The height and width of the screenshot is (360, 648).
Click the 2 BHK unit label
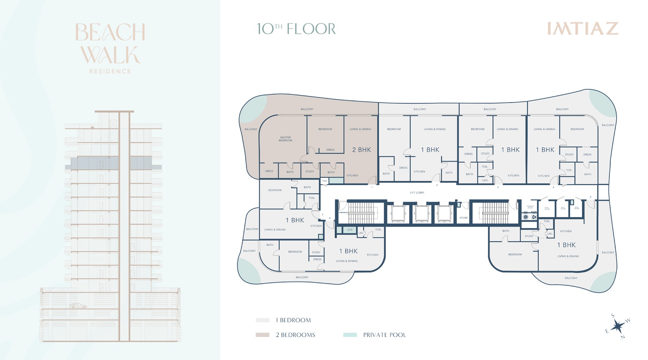tap(361, 150)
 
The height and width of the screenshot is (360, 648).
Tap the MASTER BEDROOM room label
tap(285, 139)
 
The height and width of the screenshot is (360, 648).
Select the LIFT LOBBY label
tap(417, 193)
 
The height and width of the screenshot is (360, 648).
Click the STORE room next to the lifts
tap(464, 218)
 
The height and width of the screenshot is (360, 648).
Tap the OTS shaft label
tap(350, 230)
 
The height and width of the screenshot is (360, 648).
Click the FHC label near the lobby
tap(325, 181)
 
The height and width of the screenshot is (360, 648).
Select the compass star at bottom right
tap(618, 326)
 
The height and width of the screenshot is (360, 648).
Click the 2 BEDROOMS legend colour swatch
tap(262, 335)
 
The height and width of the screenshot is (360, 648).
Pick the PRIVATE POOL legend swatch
tap(350, 335)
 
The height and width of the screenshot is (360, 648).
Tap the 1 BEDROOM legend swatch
tap(262, 320)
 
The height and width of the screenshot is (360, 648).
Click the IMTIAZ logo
tap(582, 29)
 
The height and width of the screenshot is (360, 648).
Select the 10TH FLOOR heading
tap(296, 29)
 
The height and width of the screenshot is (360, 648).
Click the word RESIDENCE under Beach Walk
tap(110, 71)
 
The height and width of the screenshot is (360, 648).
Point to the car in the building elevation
tap(78, 306)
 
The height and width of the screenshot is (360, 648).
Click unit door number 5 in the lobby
tap(590, 197)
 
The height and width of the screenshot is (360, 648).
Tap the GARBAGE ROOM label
tap(530, 207)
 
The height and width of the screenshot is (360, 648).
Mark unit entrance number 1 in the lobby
tap(372, 187)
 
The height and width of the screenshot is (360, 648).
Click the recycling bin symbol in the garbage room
tap(534, 217)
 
